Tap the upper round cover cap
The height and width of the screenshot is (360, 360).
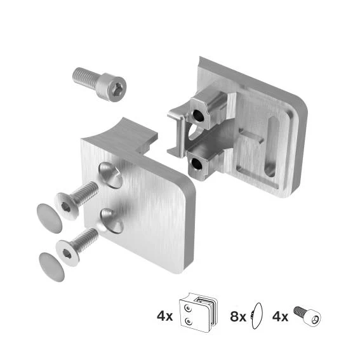coord(50,218)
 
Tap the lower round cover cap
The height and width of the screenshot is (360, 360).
coord(52,267)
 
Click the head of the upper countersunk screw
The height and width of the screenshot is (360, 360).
coord(67,206)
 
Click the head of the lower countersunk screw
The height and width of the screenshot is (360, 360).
coord(68,253)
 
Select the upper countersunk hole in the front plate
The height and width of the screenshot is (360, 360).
coord(110,175)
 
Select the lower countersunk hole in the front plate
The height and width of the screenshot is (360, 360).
coord(112,221)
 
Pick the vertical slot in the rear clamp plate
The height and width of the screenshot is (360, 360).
coord(271,146)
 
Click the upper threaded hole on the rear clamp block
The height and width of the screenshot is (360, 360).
coord(199,116)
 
